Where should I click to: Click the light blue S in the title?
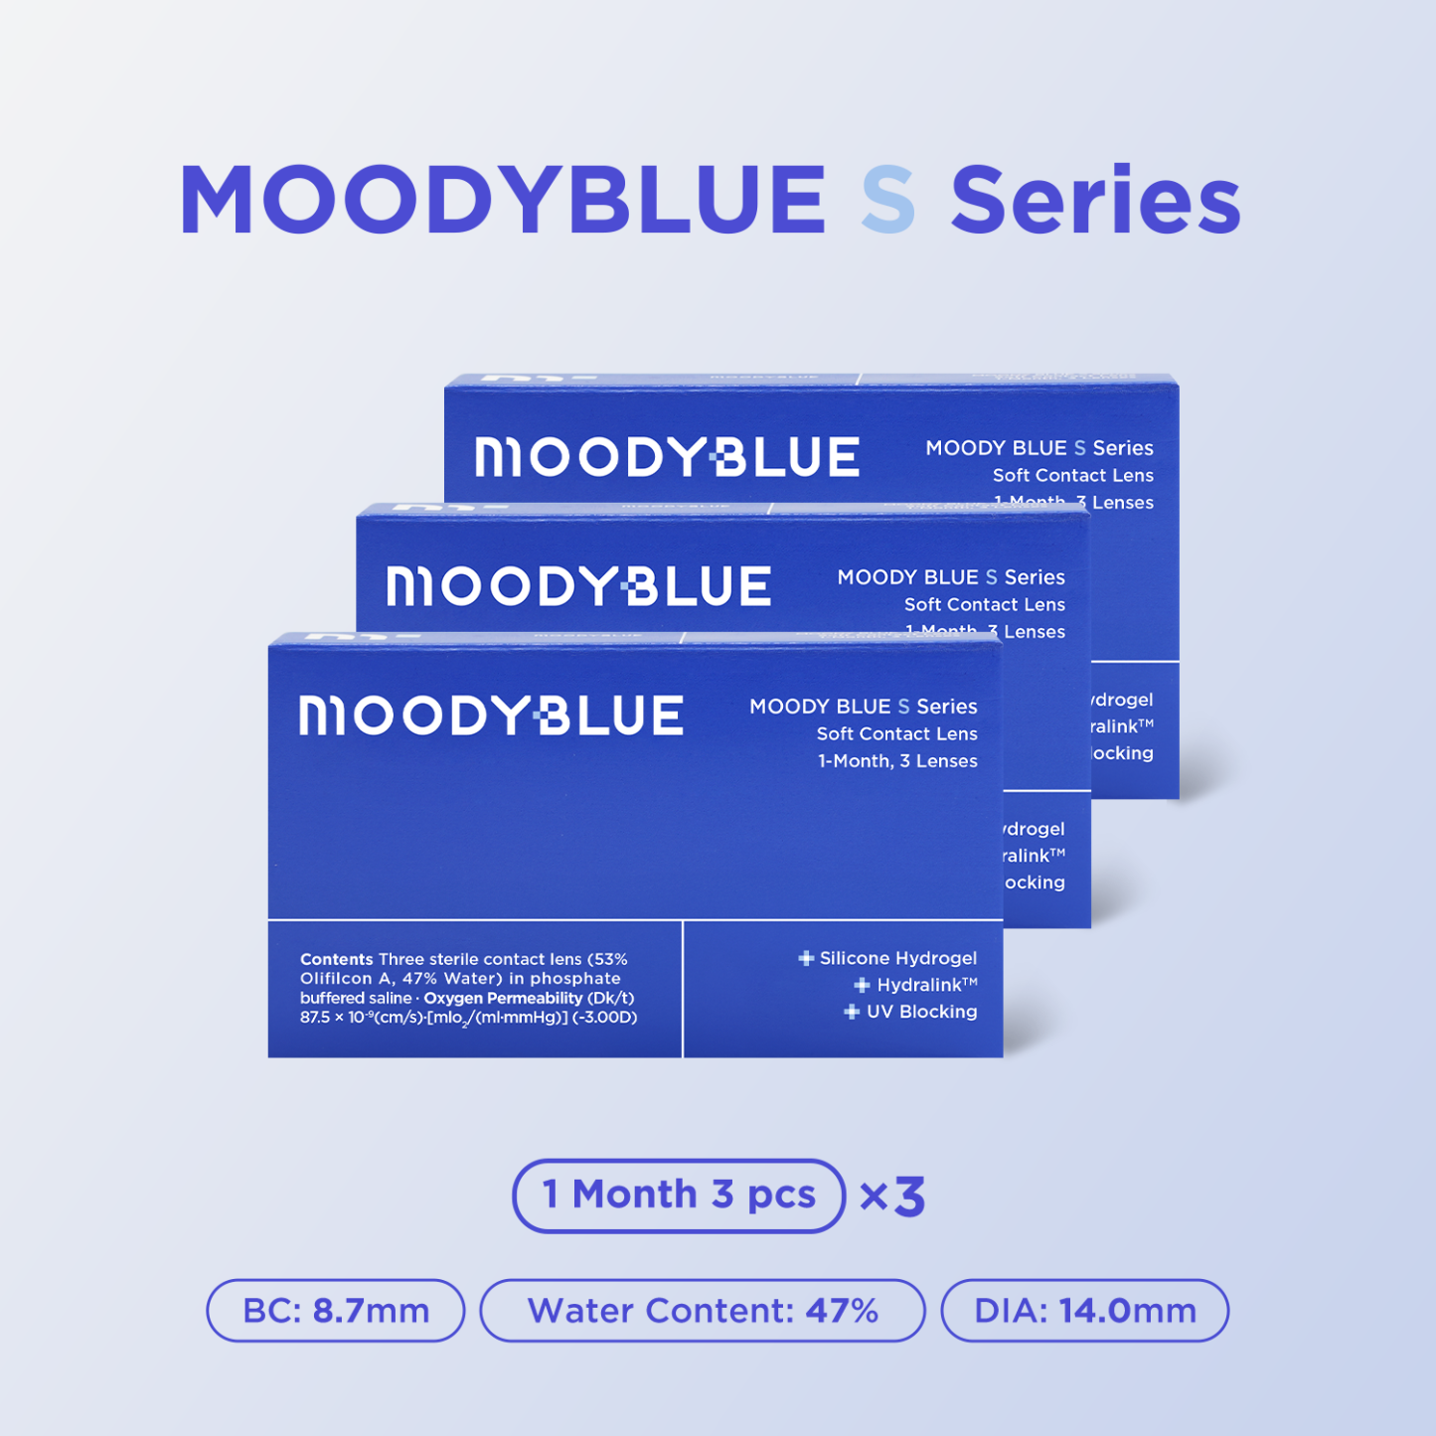point(887,200)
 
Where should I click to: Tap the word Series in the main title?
point(1095,200)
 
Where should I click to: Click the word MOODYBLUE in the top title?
point(502,200)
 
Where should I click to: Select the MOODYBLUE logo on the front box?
point(491,716)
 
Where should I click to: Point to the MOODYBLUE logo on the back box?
point(667,457)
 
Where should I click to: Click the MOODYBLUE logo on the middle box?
point(578,586)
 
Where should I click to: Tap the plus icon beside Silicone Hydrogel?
point(806,958)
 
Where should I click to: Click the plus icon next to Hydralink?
point(862,985)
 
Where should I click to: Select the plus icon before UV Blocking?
point(852,1012)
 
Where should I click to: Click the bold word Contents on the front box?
point(336,959)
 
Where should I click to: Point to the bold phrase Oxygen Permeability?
point(503,998)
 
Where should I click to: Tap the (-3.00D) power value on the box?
point(604,1017)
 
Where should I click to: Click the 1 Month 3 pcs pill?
point(679,1195)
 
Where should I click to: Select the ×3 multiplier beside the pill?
point(892,1196)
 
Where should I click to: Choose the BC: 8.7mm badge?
point(336,1310)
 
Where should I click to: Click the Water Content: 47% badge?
point(703,1310)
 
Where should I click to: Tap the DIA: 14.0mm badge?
point(1084,1310)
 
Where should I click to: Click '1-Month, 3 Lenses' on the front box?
point(897,761)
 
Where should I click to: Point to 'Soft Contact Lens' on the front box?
point(896,733)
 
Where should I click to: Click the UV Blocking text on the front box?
point(921,1012)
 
